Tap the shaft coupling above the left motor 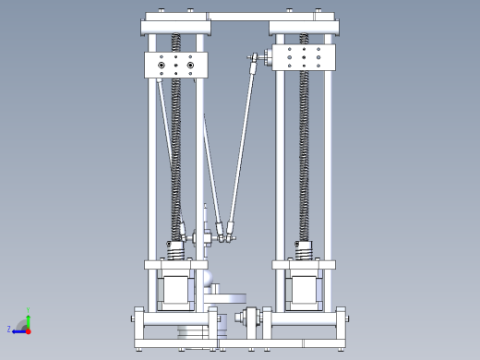(175, 250)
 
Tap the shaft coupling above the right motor (304, 250)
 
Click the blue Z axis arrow (18, 329)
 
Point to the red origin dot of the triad (28, 329)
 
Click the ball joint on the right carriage (252, 61)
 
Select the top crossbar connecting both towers (239, 17)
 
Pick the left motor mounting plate (175, 265)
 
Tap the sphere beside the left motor (211, 275)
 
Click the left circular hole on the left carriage (162, 66)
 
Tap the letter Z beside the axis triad (9, 329)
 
